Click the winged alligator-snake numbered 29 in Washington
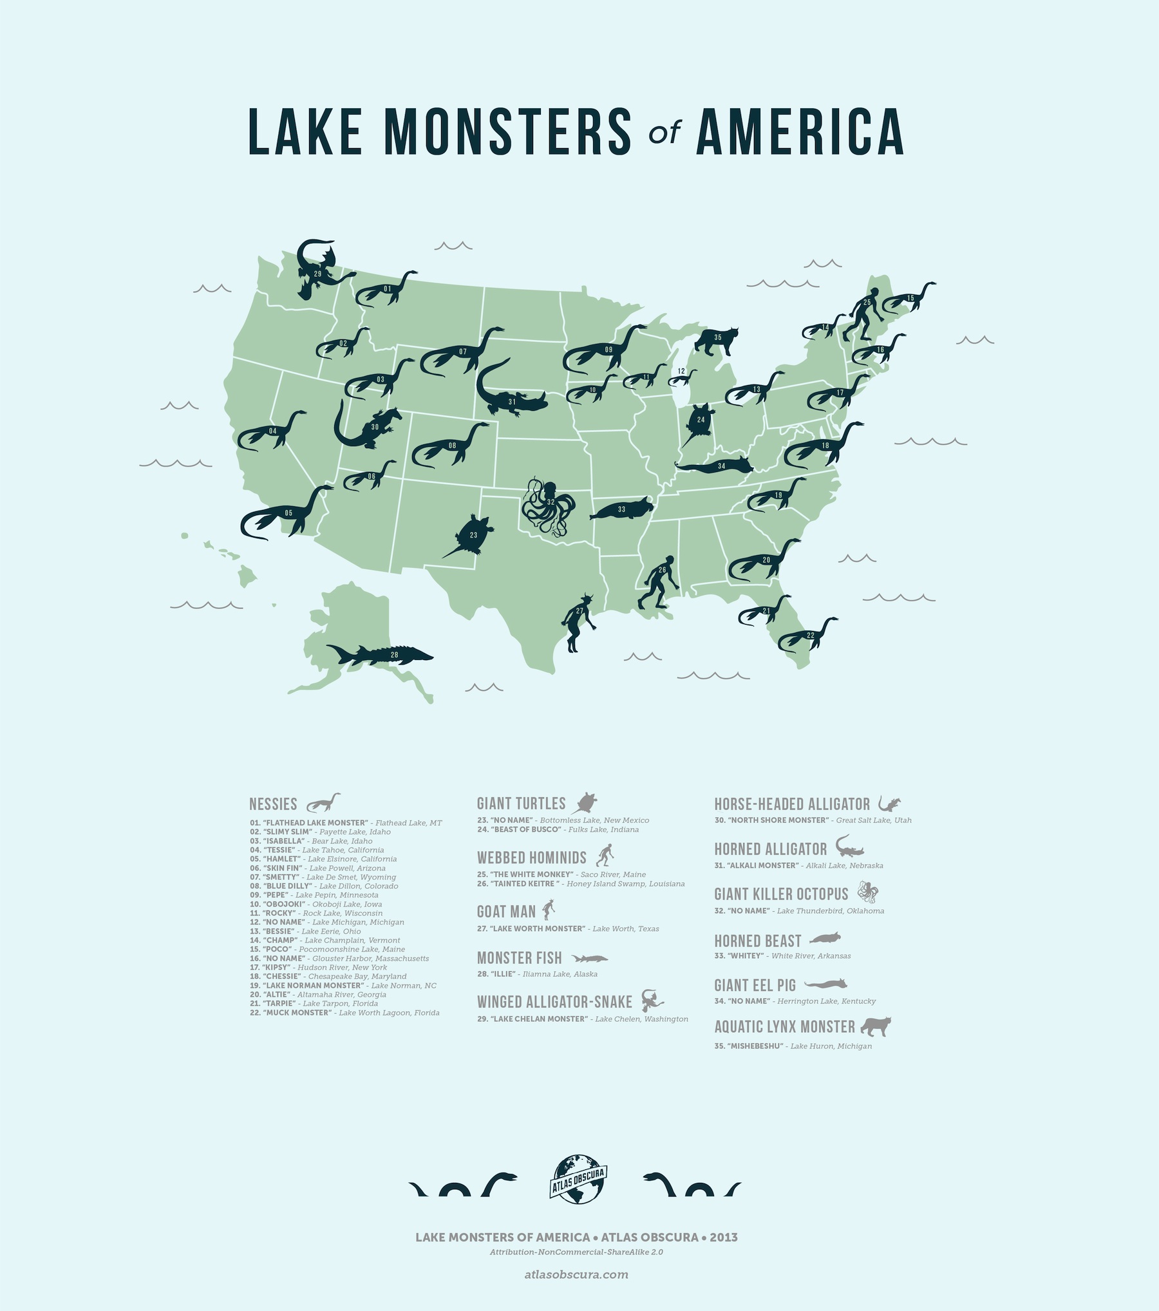click(318, 270)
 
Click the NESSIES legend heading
click(273, 804)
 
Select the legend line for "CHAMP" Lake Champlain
click(325, 940)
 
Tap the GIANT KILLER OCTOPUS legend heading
click(781, 894)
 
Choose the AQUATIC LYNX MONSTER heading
click(784, 1027)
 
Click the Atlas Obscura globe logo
click(578, 1179)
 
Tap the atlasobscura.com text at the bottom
click(576, 1274)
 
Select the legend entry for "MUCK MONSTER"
click(344, 1013)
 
